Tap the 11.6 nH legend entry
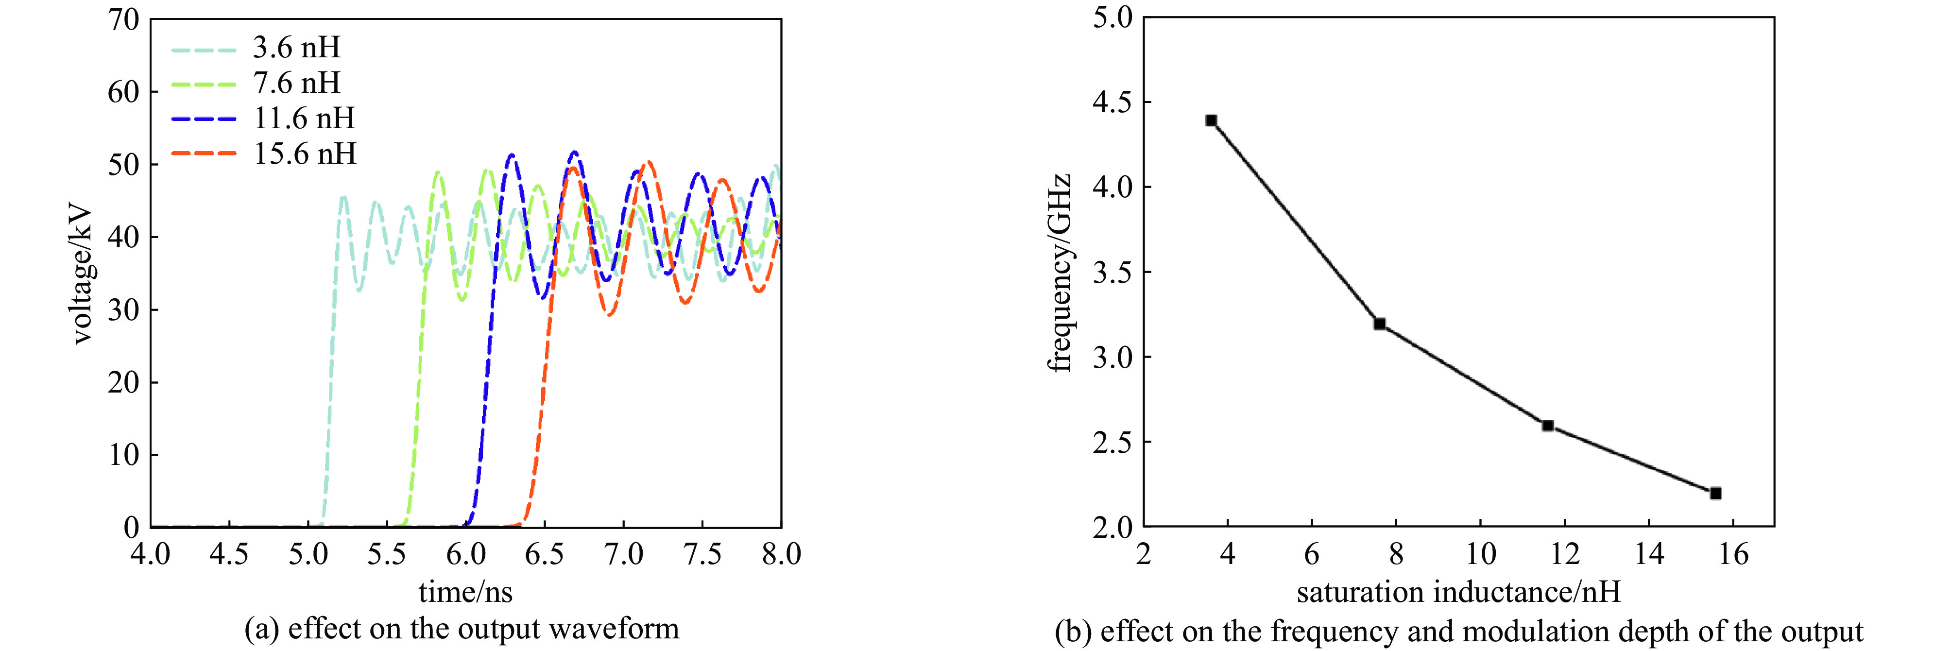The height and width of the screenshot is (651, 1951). click(304, 118)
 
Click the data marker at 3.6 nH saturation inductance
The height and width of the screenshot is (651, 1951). click(1211, 120)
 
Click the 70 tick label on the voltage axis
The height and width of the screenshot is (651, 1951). click(123, 20)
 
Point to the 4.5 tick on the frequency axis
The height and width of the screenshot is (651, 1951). click(1112, 102)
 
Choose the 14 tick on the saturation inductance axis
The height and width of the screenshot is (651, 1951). click(1649, 555)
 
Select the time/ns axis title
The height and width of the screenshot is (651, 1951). click(465, 592)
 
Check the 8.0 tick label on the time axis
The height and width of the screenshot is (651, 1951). click(781, 555)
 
